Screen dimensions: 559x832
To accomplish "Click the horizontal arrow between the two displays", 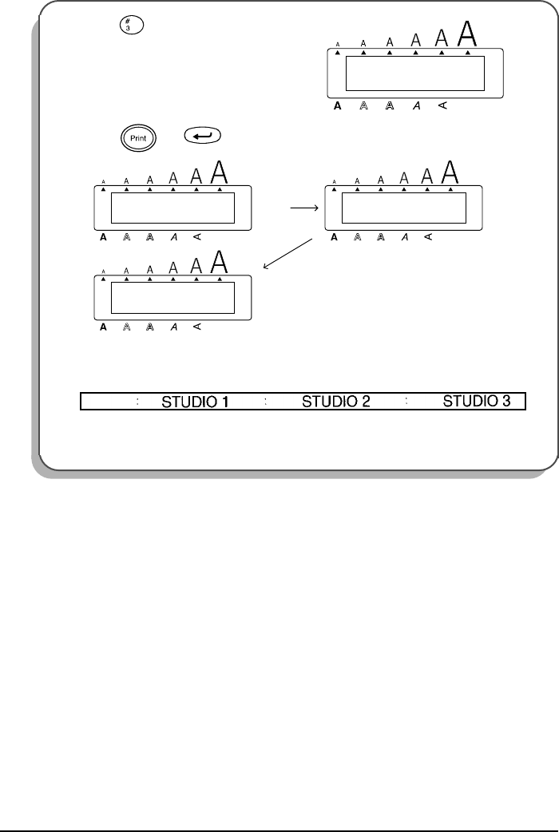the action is (306, 206).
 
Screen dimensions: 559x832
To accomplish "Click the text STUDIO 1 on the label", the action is (196, 401).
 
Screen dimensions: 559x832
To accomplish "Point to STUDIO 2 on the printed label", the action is (335, 401).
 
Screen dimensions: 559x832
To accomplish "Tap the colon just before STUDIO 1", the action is (138, 401).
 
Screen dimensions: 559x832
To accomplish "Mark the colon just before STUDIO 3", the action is (407, 401).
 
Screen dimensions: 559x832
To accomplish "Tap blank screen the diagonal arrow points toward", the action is (172, 297).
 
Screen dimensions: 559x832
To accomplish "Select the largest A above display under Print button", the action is (220, 173).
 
